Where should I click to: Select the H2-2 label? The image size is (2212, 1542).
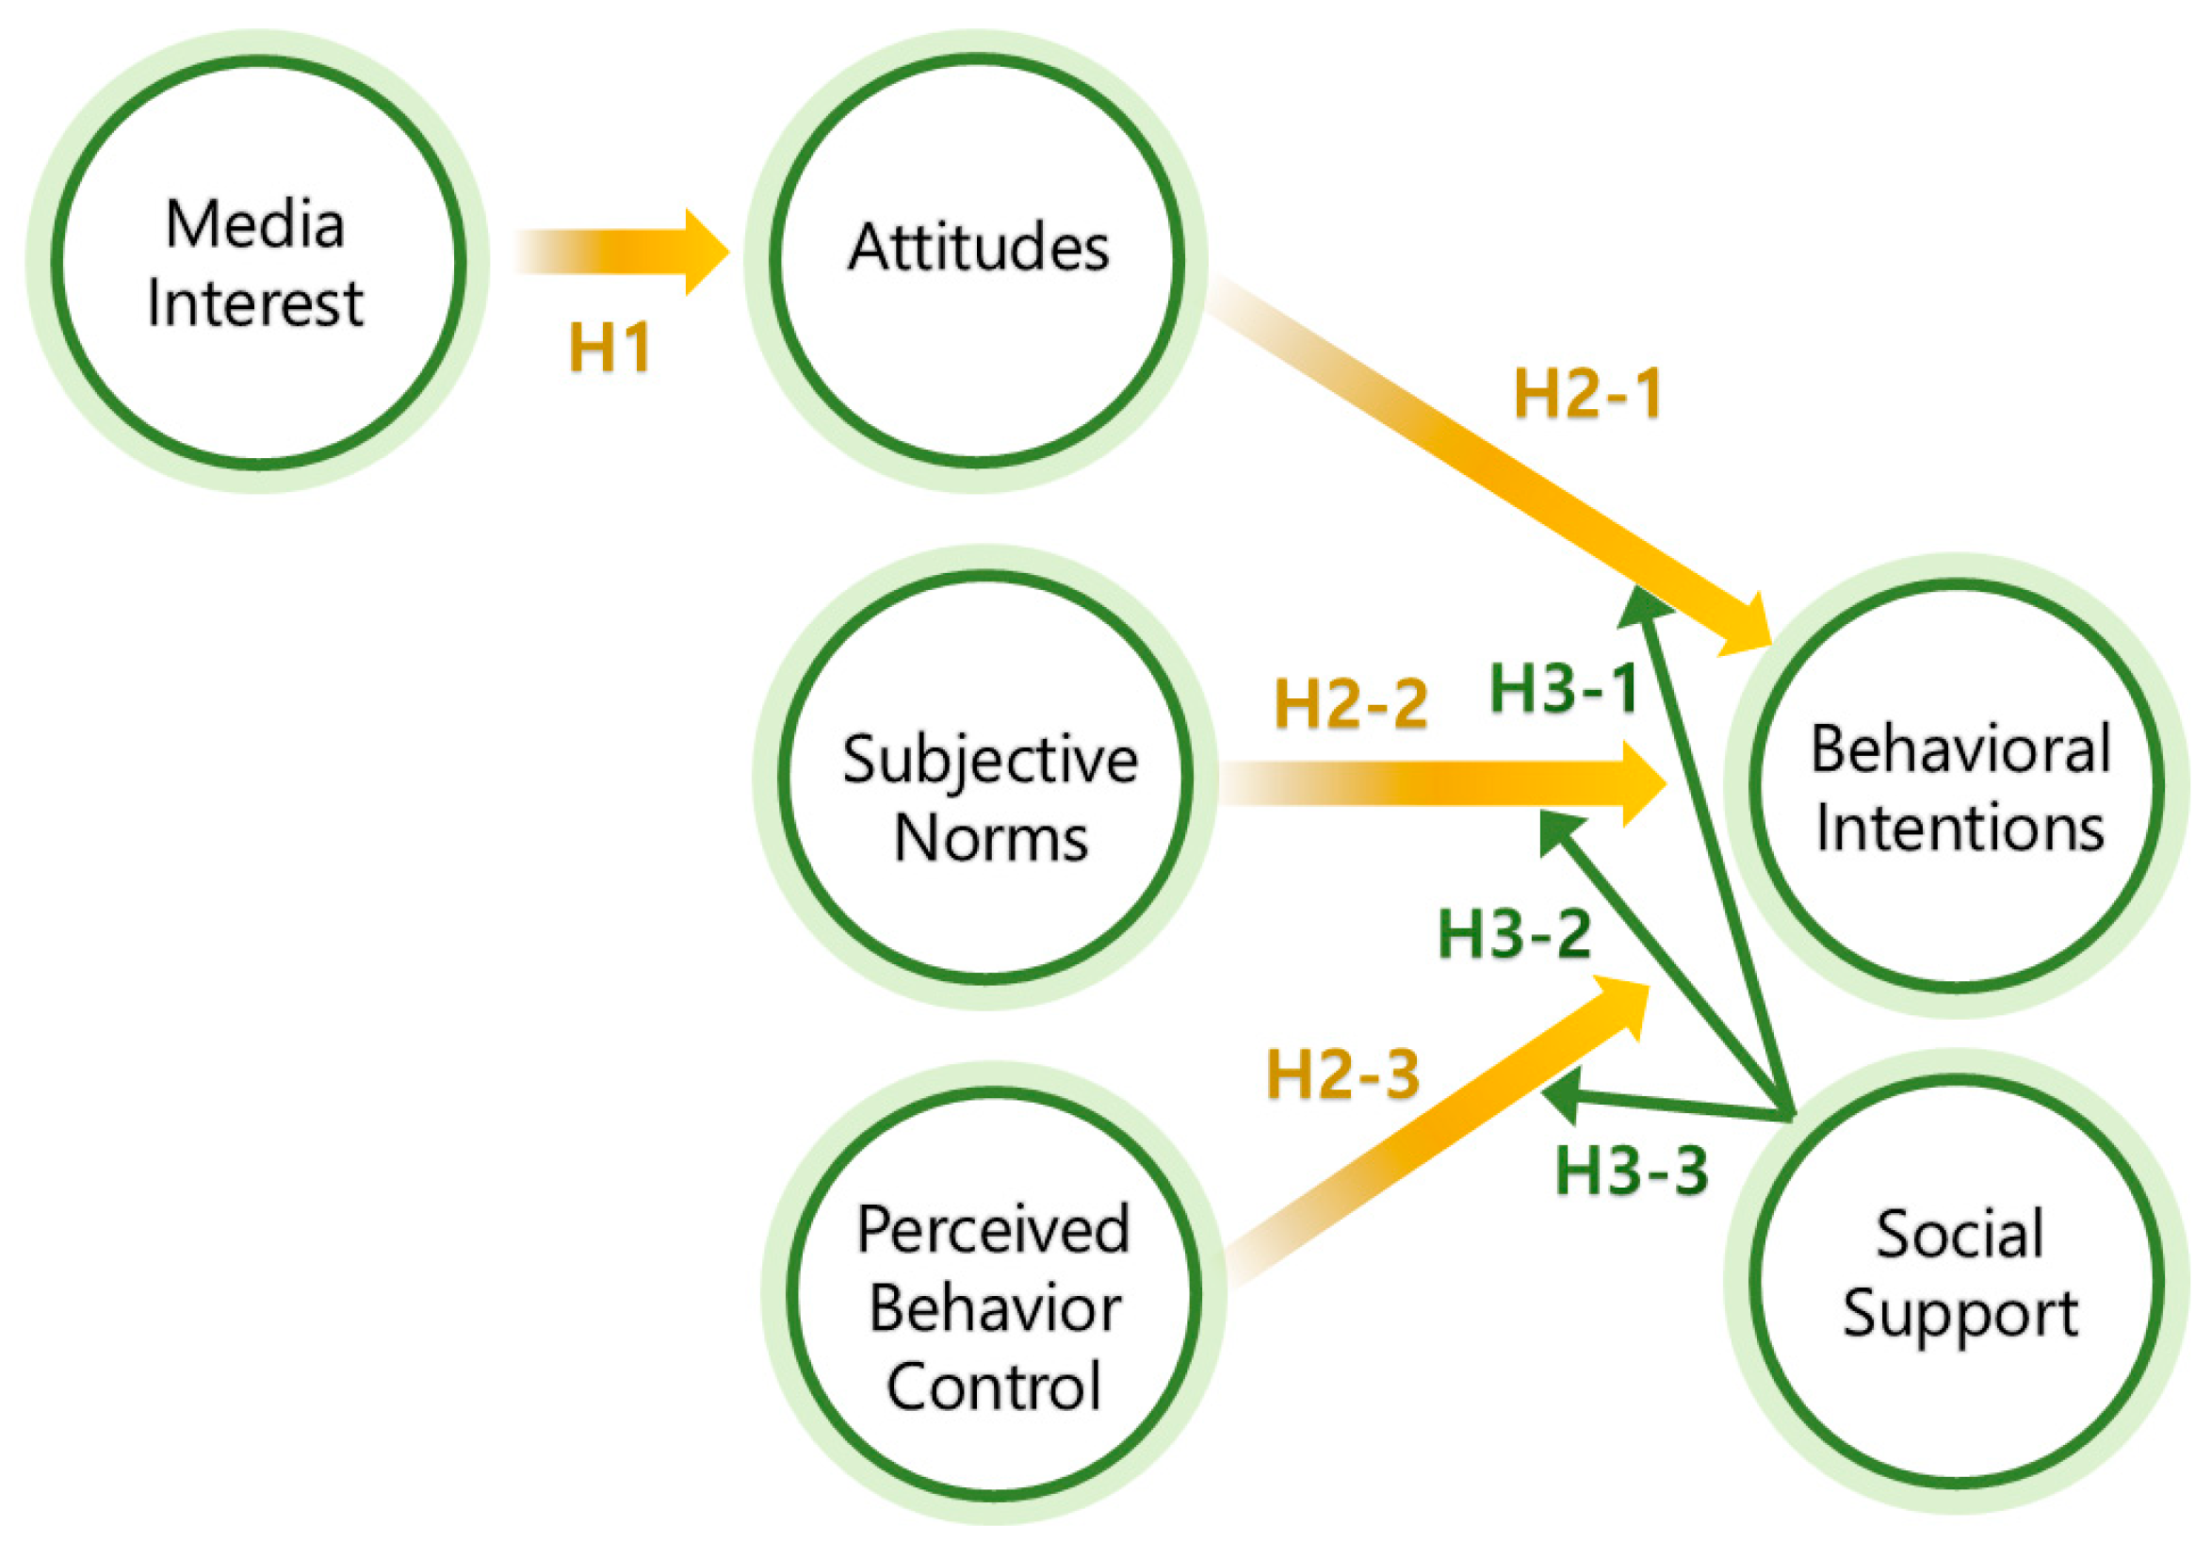[x=1351, y=703]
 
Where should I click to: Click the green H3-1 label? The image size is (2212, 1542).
[x=1563, y=690]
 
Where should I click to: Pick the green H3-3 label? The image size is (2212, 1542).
[x=1632, y=1172]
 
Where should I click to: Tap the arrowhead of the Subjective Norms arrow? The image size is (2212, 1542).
[x=1642, y=783]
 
